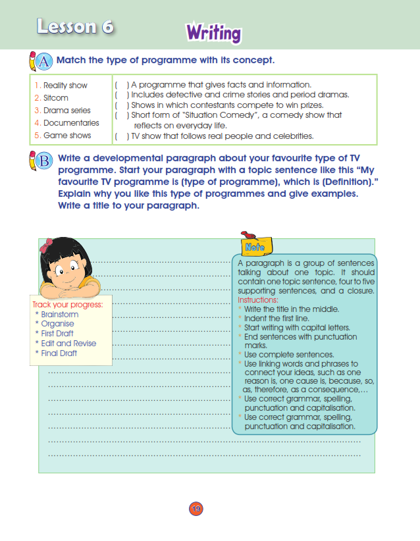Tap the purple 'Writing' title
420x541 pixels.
point(213,32)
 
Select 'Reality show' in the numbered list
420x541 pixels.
point(65,86)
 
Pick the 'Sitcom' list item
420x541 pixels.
point(56,98)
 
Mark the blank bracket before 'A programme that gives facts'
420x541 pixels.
point(122,85)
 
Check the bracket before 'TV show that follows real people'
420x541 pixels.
point(122,136)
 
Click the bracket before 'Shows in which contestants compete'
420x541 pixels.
point(122,105)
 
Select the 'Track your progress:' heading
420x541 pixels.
point(68,305)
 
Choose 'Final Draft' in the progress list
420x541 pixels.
point(59,353)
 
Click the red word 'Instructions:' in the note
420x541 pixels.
point(258,300)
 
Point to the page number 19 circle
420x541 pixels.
point(196,508)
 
